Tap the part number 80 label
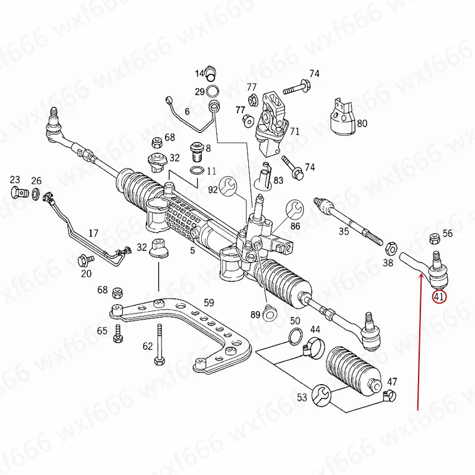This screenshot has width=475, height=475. click(362, 124)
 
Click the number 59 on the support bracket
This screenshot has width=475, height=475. click(208, 302)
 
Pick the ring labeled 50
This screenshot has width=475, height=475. click(294, 338)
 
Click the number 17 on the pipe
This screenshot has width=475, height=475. click(93, 233)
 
